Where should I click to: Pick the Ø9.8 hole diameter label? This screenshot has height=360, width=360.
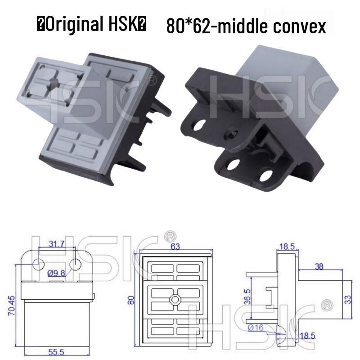click(57, 273)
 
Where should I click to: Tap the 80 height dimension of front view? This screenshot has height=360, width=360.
click(131, 300)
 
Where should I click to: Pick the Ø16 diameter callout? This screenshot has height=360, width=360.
click(255, 328)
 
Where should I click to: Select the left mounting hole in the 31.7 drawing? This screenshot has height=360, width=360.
click(38, 263)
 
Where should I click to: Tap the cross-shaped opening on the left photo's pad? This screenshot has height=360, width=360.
click(53, 84)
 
